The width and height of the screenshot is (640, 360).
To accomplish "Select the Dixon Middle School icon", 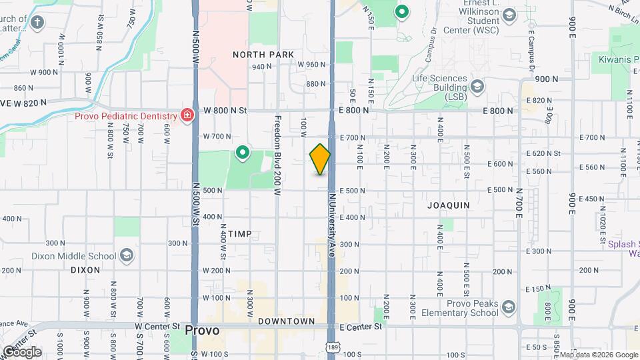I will [x=127, y=256].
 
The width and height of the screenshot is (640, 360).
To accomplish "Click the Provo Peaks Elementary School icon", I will [x=509, y=307].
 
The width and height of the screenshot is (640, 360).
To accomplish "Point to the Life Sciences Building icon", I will [x=477, y=86].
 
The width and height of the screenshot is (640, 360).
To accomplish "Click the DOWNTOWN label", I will [x=287, y=321].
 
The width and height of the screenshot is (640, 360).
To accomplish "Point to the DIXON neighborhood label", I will [x=85, y=270].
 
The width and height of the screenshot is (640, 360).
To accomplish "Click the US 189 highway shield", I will [x=331, y=347].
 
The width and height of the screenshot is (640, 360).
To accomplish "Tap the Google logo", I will [x=22, y=351].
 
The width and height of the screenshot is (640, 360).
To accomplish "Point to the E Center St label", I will [x=361, y=327].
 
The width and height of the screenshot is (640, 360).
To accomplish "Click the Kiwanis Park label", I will [x=613, y=60].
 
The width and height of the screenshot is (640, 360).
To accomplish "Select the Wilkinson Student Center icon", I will [x=509, y=15].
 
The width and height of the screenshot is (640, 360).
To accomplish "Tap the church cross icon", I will [x=38, y=22].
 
